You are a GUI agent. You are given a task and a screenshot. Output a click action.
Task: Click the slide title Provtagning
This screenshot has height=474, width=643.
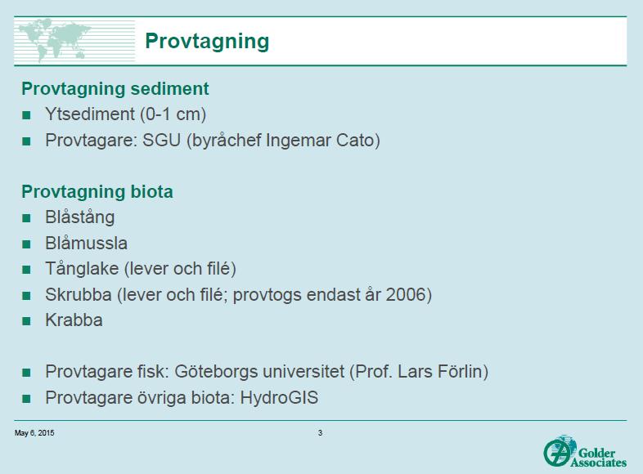(207, 42)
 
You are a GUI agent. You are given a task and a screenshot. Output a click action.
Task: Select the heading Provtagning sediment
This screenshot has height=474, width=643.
(115, 89)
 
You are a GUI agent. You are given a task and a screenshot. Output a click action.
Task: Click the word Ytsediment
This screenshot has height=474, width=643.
(90, 114)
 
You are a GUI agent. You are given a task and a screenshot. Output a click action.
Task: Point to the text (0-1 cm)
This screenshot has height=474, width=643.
(173, 114)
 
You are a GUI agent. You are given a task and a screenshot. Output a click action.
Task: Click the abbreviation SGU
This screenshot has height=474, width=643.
(162, 140)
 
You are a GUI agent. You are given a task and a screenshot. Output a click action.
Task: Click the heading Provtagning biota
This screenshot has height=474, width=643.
(97, 192)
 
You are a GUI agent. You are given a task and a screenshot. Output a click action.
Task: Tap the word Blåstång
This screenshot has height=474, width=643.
(80, 217)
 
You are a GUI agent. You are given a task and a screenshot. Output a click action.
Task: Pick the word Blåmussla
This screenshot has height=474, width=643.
(86, 243)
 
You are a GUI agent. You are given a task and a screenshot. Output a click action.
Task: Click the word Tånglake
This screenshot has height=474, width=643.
(82, 269)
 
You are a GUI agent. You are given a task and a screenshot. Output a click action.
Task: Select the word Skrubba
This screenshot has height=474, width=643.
(79, 294)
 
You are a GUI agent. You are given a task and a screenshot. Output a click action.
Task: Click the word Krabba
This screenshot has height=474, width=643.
(74, 320)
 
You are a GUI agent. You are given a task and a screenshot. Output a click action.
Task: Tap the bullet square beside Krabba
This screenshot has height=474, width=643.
(27, 321)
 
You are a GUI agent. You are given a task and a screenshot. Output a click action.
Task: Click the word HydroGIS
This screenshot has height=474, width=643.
(279, 398)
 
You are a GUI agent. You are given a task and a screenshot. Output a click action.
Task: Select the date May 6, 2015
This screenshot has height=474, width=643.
(34, 433)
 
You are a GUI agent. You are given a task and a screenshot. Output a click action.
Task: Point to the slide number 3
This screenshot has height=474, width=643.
(320, 433)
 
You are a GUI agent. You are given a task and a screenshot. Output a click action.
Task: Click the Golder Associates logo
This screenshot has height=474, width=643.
(585, 451)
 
